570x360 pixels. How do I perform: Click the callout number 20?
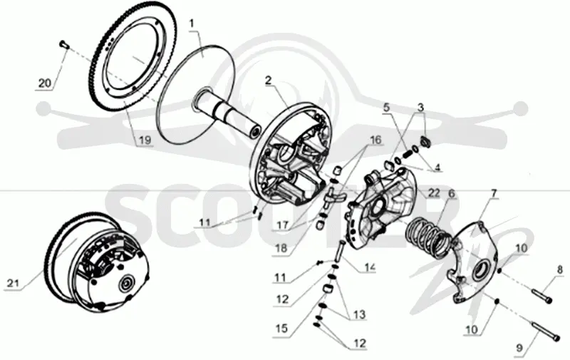pos(45,83)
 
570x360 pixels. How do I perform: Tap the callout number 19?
pos(145,140)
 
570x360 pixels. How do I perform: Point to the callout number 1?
pos(192,24)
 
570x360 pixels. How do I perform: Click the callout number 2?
pos(269,80)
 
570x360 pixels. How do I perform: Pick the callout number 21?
pos(13,282)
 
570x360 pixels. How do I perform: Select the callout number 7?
pos(493,193)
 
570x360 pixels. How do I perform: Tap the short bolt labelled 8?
pos(542,295)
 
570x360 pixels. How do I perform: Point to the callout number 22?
pos(434,192)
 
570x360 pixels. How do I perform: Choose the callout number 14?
pos(370,267)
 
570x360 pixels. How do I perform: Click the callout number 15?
pos(281,329)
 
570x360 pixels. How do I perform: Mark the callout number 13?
pos(359,314)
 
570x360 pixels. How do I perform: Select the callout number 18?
pos(281,248)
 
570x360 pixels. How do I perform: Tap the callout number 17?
pos(282,225)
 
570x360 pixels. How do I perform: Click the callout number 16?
pos(375,140)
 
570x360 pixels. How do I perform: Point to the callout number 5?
pos(386,108)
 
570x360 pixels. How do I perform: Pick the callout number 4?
pos(437,168)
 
